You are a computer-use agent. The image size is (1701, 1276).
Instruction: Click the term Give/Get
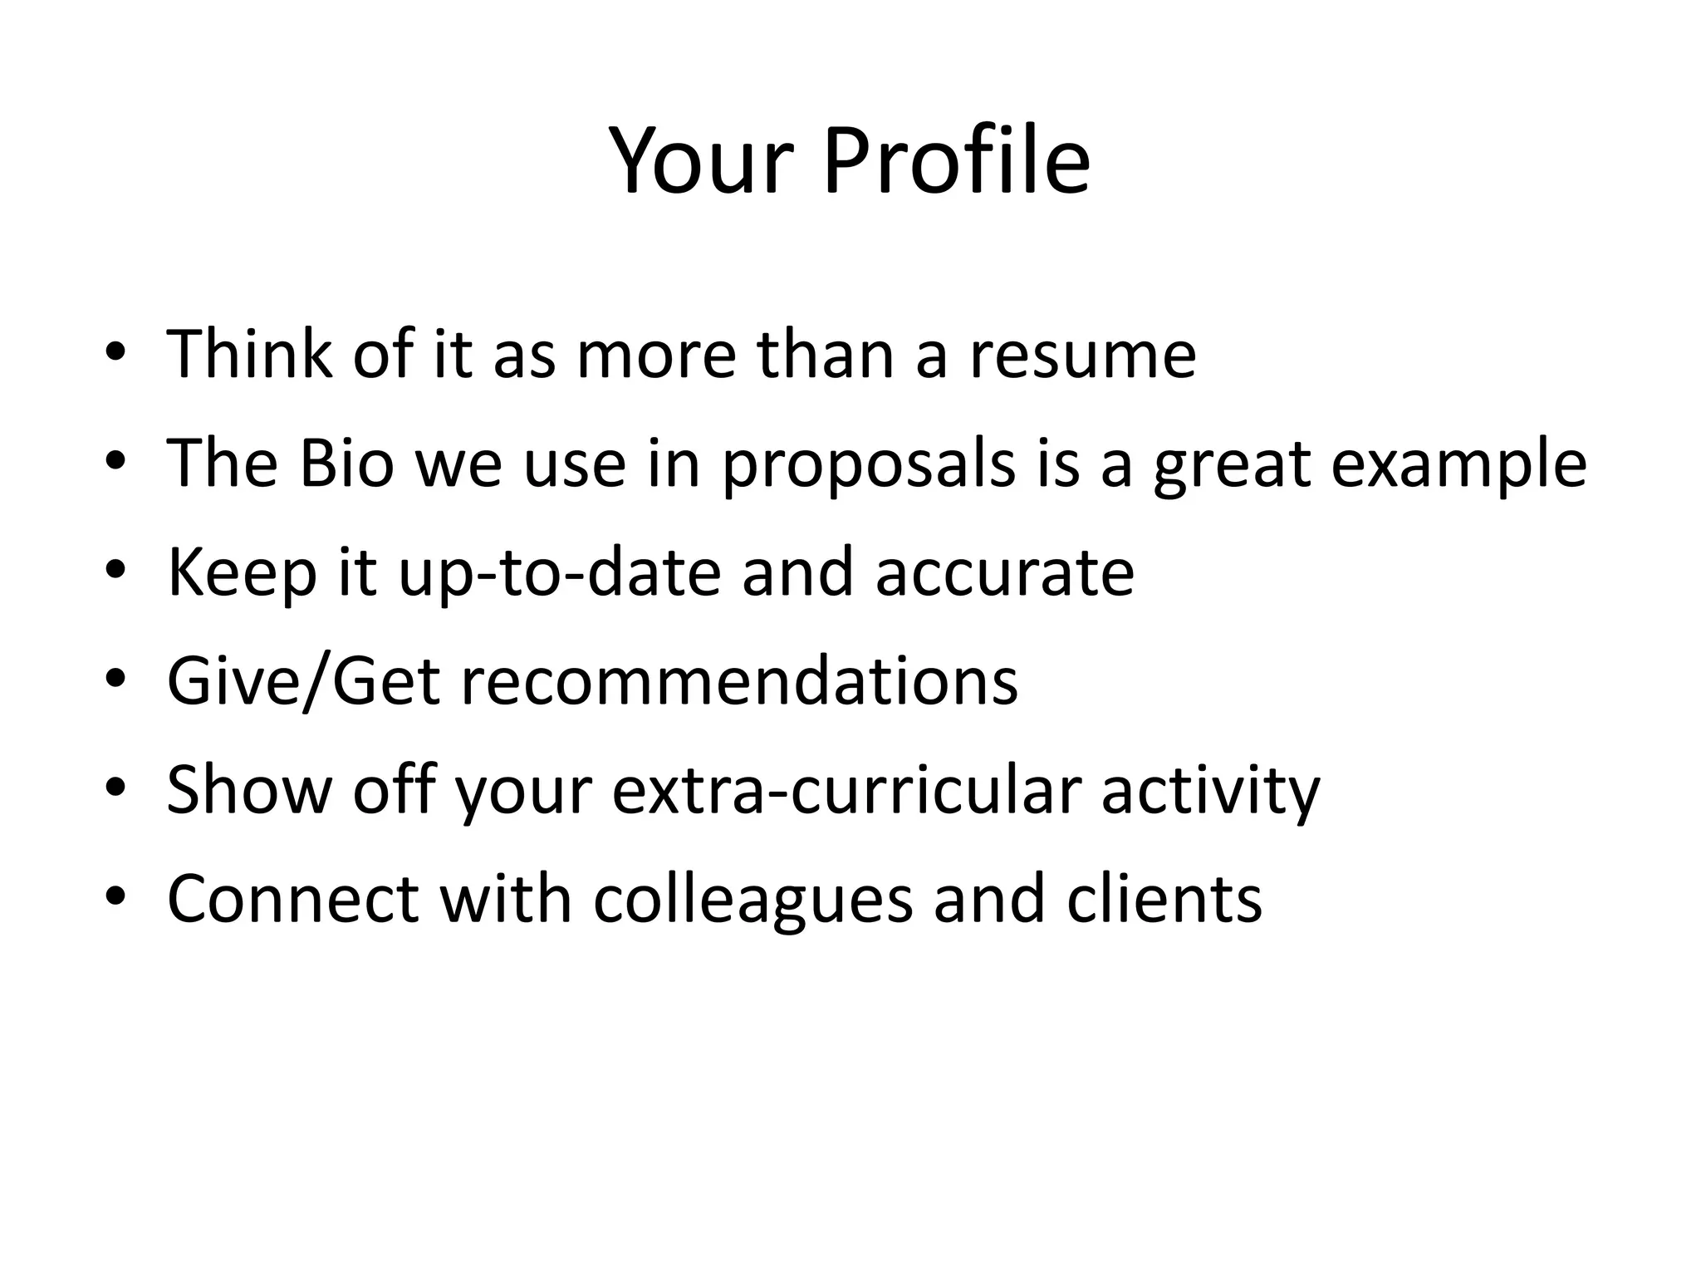pos(303,681)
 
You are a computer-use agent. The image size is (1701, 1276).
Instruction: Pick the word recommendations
pos(739,681)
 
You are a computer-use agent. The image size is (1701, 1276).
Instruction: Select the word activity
pos(1210,791)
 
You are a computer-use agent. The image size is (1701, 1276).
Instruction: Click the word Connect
pos(292,899)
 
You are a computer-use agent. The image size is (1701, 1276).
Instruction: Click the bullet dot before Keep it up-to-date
pos(115,571)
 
